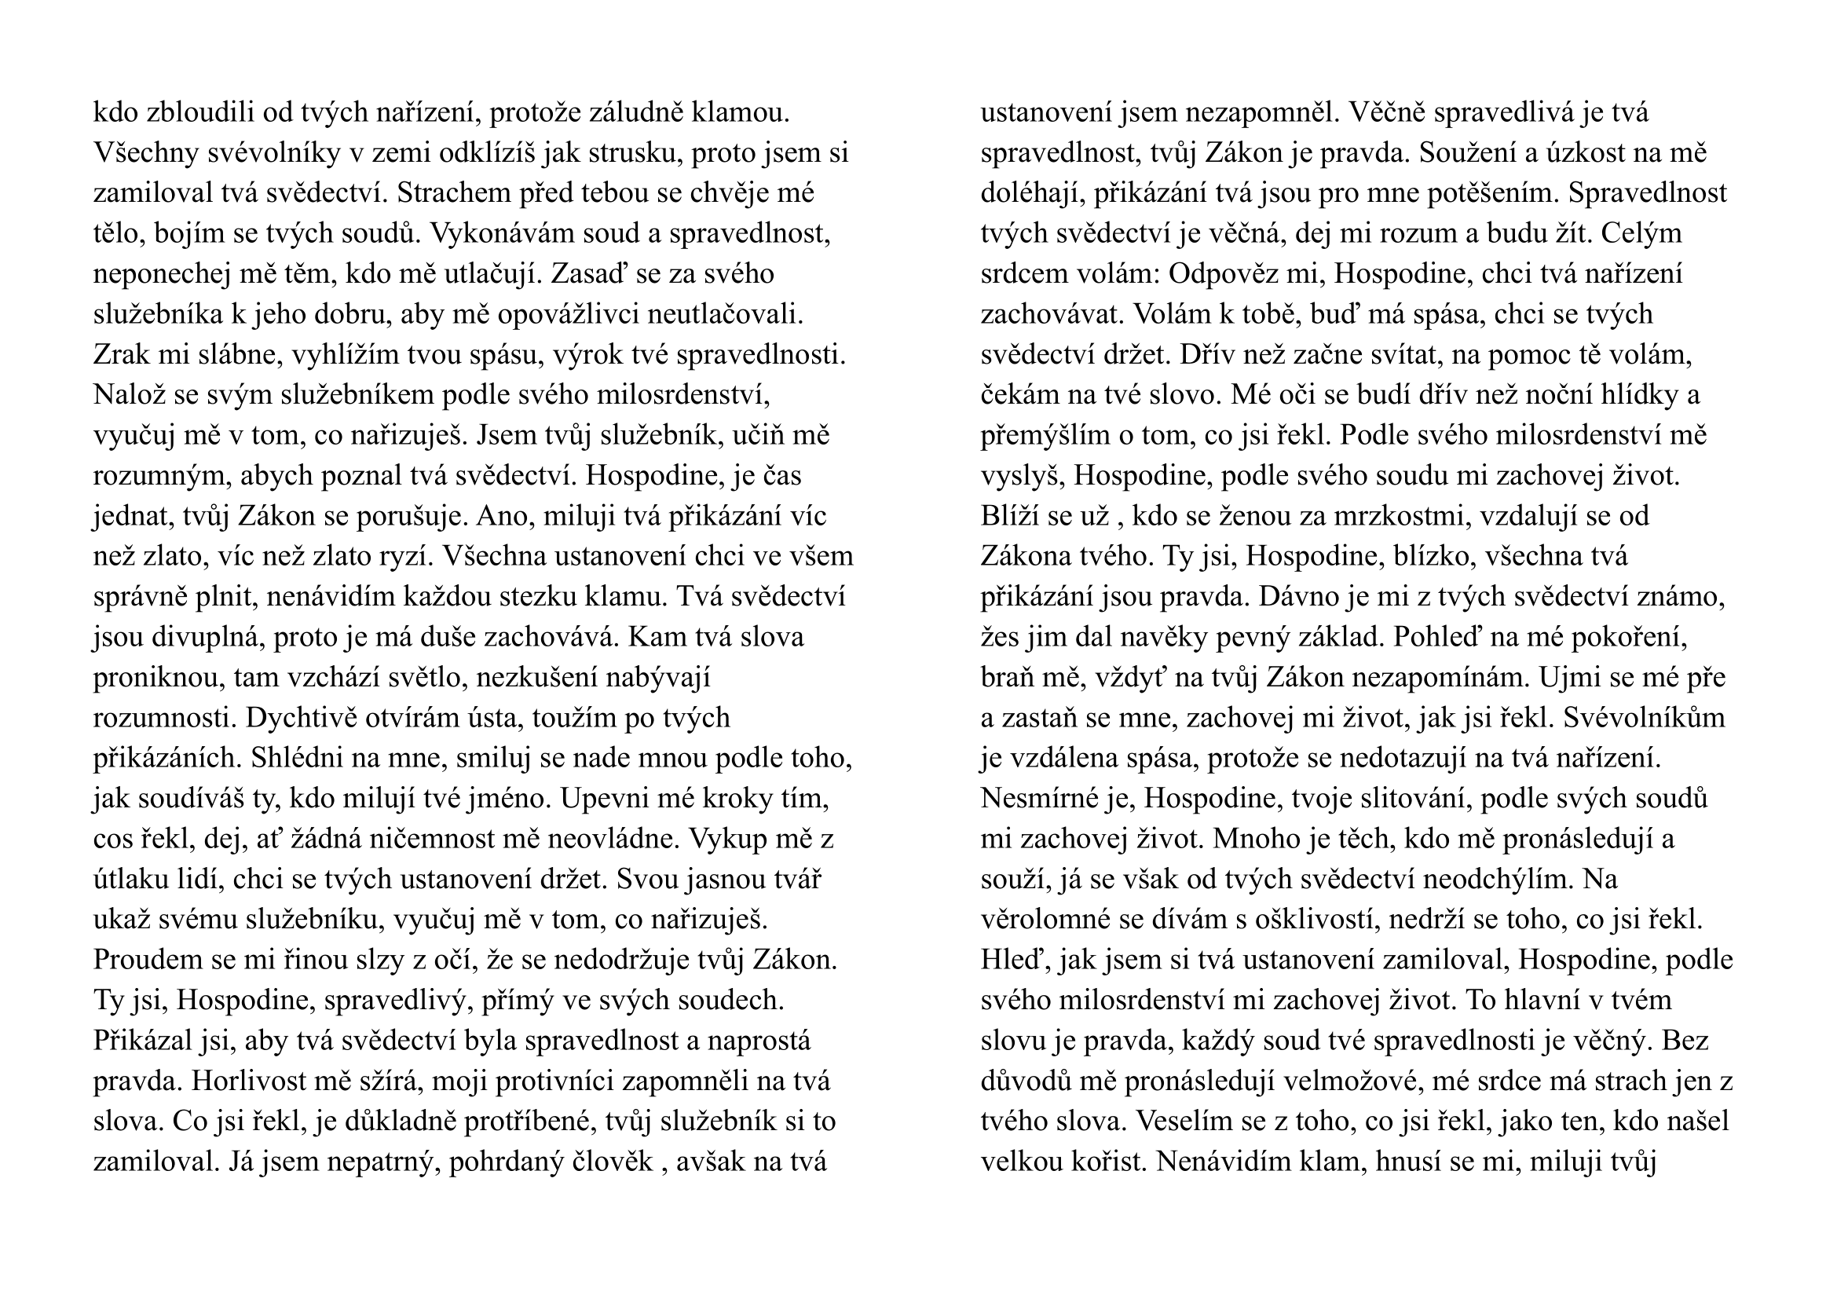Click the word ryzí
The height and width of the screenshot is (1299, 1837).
coord(408,557)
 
